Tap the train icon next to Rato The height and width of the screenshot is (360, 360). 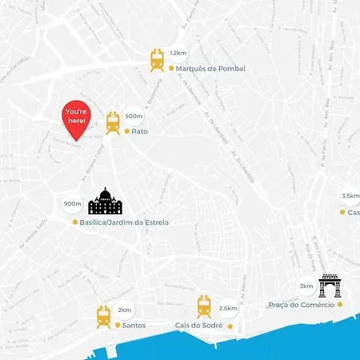(113, 122)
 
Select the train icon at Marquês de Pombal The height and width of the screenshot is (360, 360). (158, 60)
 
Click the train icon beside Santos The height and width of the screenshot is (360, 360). (104, 317)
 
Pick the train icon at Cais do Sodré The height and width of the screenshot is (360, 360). (205, 306)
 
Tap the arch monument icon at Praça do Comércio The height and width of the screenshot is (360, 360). (329, 286)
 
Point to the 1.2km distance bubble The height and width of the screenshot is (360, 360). (178, 53)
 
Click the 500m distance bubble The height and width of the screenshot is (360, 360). (134, 116)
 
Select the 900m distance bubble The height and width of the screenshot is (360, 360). (73, 204)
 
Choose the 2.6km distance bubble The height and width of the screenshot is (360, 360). (228, 308)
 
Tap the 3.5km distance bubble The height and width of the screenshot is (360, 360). (350, 195)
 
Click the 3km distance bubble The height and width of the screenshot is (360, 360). (306, 286)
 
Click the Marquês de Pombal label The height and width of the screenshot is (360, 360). (210, 69)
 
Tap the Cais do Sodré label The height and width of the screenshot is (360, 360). (198, 326)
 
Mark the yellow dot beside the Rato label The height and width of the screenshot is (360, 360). (126, 131)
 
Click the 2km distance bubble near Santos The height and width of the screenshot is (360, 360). (124, 310)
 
